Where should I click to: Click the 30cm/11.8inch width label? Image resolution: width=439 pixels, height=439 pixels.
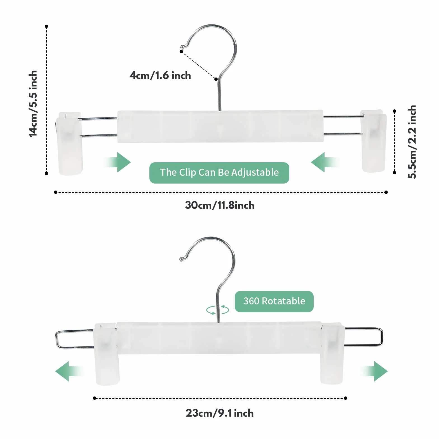point(220,205)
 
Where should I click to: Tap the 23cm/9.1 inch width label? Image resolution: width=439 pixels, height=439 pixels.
point(220,413)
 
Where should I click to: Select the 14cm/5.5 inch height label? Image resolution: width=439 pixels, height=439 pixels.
point(33,104)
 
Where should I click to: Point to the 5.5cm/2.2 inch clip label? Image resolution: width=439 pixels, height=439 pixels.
point(412,142)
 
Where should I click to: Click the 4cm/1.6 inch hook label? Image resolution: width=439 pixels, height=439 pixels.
point(160,75)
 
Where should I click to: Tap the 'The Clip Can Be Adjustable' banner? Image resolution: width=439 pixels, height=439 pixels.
point(219,173)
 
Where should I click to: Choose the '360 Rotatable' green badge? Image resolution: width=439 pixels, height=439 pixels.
point(274,301)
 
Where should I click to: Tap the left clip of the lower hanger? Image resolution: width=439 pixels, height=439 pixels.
point(107,354)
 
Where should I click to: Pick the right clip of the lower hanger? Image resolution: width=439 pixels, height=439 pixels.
point(332,353)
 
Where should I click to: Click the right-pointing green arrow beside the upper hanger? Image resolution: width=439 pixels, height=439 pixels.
point(118,162)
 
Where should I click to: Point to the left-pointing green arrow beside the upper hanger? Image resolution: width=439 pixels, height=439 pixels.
point(325,162)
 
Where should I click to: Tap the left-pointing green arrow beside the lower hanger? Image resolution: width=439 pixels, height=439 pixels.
point(69,371)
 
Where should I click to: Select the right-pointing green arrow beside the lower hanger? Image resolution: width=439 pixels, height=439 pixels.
point(374,371)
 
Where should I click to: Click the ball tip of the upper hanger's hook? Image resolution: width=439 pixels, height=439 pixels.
point(182,46)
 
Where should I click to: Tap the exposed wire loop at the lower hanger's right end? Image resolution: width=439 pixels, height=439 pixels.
point(382,337)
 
